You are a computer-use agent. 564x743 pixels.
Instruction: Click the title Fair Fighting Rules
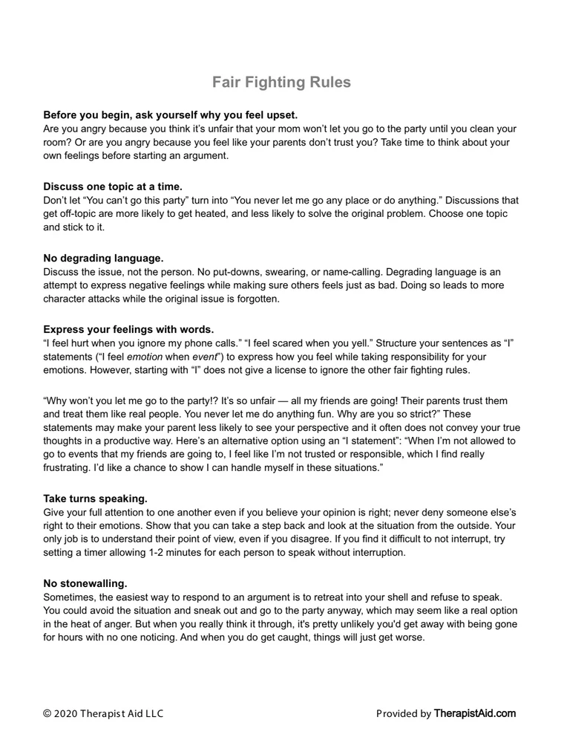(281, 82)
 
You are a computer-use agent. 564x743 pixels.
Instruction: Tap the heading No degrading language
(103, 258)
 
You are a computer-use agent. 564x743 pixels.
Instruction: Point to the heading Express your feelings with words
(128, 329)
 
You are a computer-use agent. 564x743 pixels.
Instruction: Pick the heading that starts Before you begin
(170, 115)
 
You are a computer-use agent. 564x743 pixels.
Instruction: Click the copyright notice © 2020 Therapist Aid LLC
(104, 714)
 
